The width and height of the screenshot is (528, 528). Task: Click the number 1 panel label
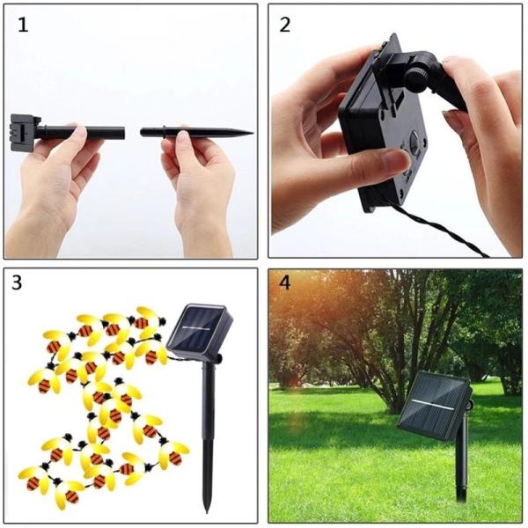click(x=23, y=25)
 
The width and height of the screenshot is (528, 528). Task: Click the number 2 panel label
click(x=284, y=25)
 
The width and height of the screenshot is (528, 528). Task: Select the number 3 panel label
click(x=18, y=284)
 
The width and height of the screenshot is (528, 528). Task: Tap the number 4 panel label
click(x=283, y=285)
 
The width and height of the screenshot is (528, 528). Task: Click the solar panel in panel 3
click(x=200, y=332)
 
